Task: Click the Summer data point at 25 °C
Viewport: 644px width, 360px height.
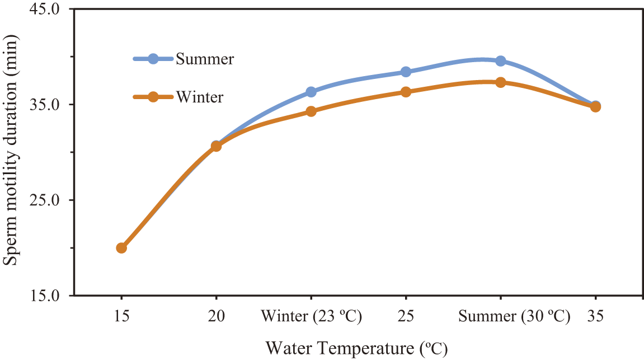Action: coord(406,72)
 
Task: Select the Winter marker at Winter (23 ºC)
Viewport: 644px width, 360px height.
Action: coord(311,111)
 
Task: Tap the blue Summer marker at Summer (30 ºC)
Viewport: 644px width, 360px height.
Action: coord(500,61)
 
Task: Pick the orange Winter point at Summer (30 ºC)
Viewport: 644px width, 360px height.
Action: coord(500,82)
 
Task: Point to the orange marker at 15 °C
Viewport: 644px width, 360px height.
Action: coord(121,247)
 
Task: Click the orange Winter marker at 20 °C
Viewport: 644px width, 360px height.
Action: coord(216,146)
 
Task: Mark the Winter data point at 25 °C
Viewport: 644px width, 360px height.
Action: coord(406,92)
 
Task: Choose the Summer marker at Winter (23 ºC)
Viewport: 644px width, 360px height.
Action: coord(311,92)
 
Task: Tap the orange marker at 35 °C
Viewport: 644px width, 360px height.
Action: coord(595,106)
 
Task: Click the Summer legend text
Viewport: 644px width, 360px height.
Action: coord(205,59)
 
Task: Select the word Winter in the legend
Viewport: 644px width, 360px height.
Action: coord(200,97)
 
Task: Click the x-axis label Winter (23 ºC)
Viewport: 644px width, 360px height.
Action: coord(311,317)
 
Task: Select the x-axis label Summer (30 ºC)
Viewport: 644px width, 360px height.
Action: coord(514,317)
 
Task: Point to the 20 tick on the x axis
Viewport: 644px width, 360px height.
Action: coord(216,317)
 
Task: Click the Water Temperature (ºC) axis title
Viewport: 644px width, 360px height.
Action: coord(356,348)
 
